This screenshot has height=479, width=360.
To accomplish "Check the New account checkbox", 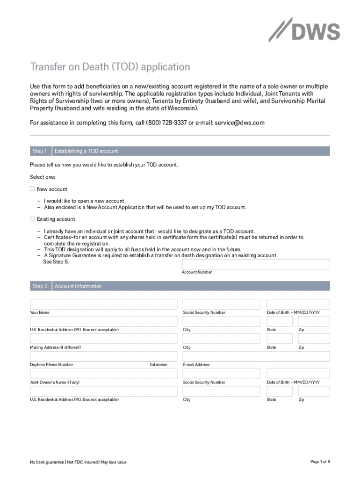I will pyautogui.click(x=32, y=189).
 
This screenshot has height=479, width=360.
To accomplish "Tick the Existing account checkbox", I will pyautogui.click(x=32, y=219).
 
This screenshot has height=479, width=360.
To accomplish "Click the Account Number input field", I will pyautogui.click(x=256, y=264).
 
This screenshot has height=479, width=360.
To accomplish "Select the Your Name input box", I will pyautogui.click(x=103, y=304).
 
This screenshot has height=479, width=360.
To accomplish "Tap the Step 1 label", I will pyautogui.click(x=40, y=151).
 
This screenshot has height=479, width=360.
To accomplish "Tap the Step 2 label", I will pyautogui.click(x=40, y=286).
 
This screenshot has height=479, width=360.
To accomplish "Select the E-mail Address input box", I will pyautogui.click(x=256, y=356).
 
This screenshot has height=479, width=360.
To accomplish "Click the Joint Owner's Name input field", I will pyautogui.click(x=103, y=373).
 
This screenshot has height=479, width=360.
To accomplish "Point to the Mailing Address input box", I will pyautogui.click(x=103, y=338).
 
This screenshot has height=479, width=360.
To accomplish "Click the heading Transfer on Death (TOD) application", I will pyautogui.click(x=110, y=67).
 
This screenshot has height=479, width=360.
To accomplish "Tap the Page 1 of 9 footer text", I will pyautogui.click(x=320, y=462).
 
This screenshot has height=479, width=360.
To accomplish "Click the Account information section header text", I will pyautogui.click(x=78, y=286).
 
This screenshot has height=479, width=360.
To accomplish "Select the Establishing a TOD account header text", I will pyautogui.click(x=86, y=151).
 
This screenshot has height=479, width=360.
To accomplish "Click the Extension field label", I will pyautogui.click(x=158, y=365).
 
